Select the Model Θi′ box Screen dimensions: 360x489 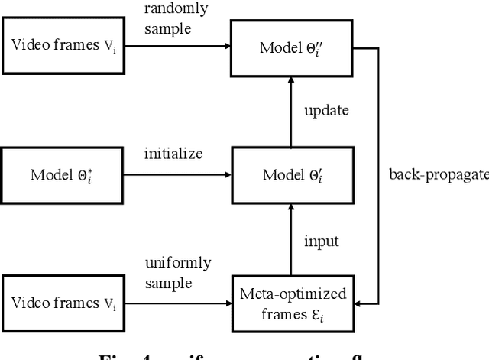pyautogui.click(x=290, y=175)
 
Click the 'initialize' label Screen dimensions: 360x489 pyautogui.click(x=173, y=154)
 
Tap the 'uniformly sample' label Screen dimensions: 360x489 pyautogui.click(x=177, y=273)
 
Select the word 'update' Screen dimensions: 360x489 pyautogui.click(x=326, y=110)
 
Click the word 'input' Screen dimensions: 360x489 pyautogui.click(x=321, y=242)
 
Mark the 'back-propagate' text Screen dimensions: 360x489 pyautogui.click(x=437, y=175)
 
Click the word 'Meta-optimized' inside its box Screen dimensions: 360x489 pyautogui.click(x=293, y=294)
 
